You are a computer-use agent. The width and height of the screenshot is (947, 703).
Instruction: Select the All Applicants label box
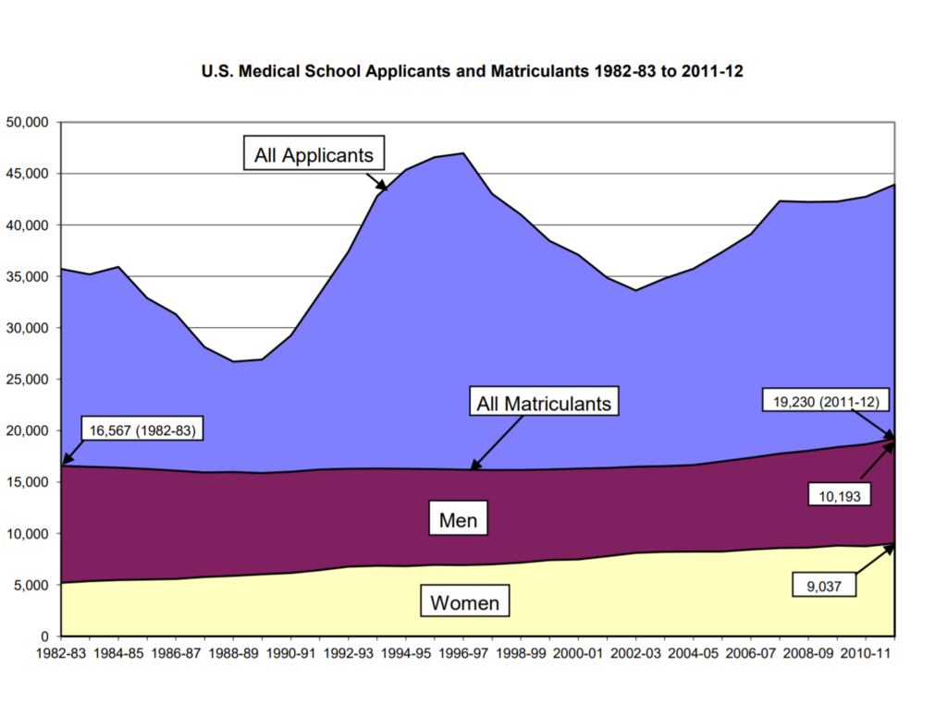[314, 154]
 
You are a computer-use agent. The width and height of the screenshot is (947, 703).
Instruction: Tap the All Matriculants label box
[543, 403]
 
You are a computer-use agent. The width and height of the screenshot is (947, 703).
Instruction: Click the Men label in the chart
[458, 520]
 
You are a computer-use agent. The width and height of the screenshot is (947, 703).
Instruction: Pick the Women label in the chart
[464, 603]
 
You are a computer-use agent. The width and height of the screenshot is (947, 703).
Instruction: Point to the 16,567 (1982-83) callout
[143, 430]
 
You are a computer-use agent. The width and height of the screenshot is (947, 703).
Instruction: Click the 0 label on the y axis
[43, 636]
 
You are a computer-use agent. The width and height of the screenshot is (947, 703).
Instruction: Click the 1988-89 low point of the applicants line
[233, 361]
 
